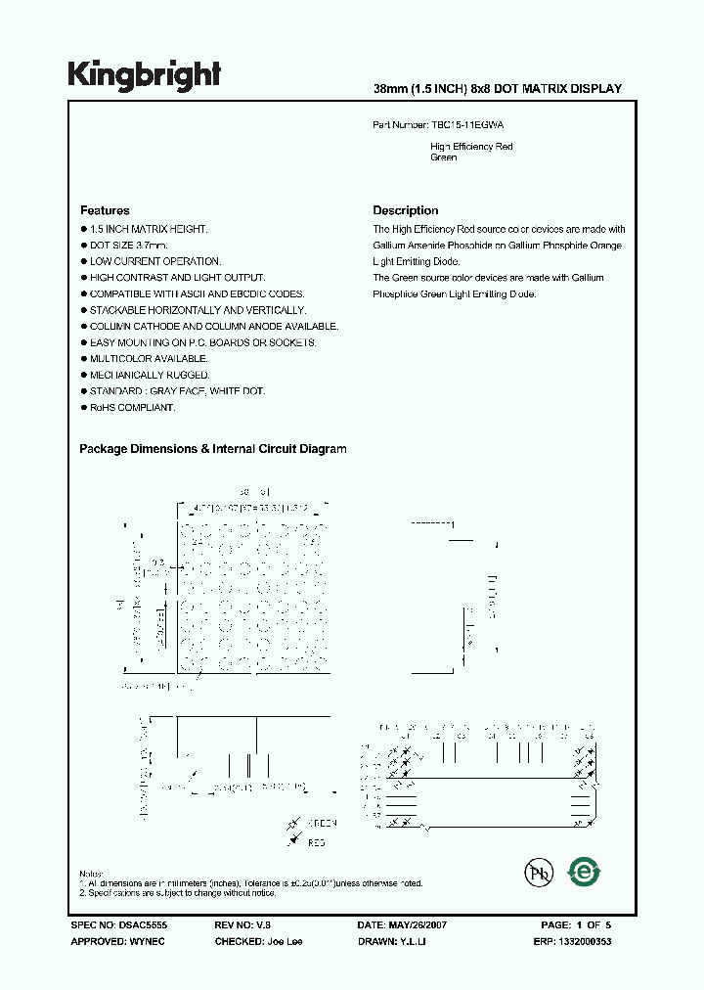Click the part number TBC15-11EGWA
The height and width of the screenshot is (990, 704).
point(467,126)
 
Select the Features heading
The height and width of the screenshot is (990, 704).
point(105,210)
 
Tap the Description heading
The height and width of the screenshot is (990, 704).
point(406,210)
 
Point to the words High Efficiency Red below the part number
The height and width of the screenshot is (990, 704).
point(471,147)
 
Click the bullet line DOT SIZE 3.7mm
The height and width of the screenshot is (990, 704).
point(128,246)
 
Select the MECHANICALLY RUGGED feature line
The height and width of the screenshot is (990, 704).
point(136,375)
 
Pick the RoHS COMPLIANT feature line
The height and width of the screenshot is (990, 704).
point(132,407)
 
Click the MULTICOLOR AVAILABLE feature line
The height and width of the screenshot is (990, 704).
point(135,359)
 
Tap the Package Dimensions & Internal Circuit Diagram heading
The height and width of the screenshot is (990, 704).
point(212,449)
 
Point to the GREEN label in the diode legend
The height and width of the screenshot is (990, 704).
point(323,824)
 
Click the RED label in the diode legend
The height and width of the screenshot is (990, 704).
point(317,841)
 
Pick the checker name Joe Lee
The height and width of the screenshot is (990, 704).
point(279,940)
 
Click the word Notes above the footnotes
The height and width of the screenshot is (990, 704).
point(90,874)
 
